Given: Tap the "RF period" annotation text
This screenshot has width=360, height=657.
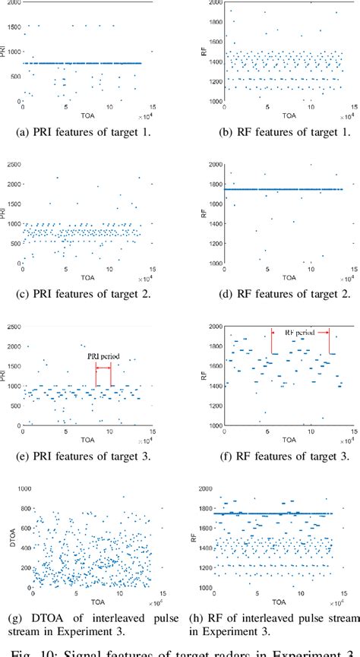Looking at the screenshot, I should point(300,332).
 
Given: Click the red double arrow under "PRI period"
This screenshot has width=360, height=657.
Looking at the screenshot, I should point(103,366).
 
